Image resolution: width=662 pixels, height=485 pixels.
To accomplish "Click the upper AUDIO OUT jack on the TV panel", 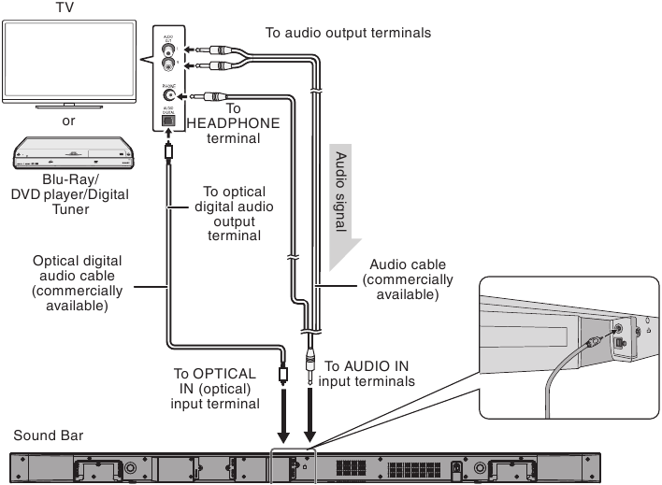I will click(x=169, y=50).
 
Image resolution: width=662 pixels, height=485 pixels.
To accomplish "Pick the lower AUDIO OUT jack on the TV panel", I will click(x=169, y=66).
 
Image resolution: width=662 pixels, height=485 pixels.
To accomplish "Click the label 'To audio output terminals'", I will click(x=348, y=33).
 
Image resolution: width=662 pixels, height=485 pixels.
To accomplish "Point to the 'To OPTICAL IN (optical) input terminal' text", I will click(x=214, y=388).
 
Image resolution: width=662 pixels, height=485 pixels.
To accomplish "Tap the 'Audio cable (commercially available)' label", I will click(x=408, y=279).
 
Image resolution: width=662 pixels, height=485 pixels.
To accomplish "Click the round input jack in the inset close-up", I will click(x=617, y=329).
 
